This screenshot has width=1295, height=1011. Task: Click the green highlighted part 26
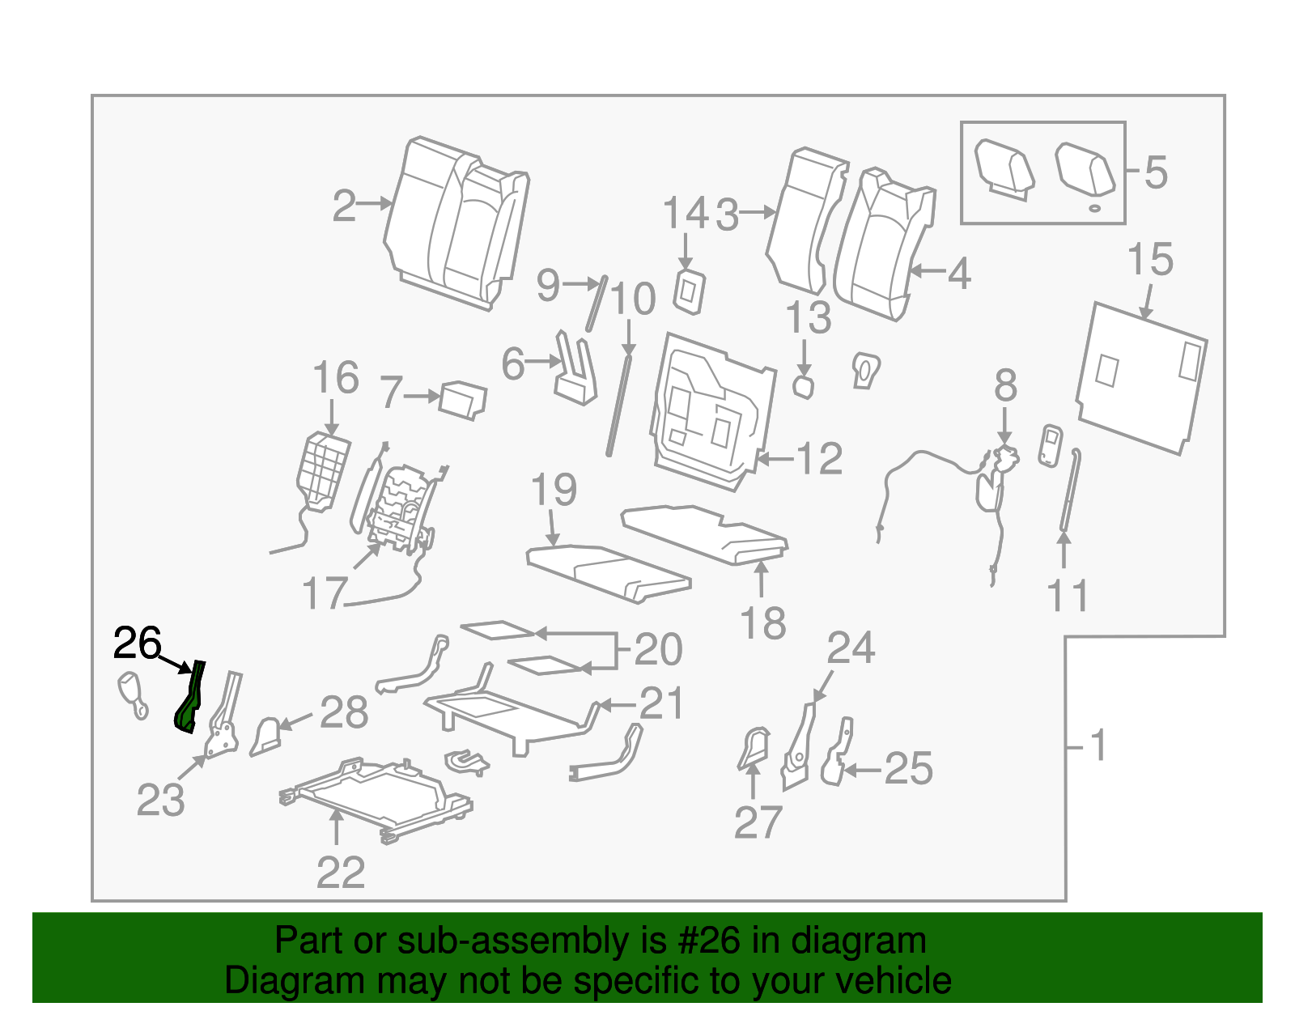189,701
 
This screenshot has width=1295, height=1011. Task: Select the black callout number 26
137,644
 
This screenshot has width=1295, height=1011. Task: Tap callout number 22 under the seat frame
341,873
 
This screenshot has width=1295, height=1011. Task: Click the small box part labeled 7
463,400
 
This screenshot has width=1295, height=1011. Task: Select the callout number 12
820,459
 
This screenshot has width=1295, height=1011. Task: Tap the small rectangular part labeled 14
690,291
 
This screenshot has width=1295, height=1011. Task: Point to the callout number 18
762,624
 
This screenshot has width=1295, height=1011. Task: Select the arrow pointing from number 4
928,272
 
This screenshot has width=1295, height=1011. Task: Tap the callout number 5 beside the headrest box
1156,172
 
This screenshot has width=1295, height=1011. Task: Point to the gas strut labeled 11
1069,494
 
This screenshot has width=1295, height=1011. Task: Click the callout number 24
851,648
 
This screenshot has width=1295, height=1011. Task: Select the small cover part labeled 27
754,748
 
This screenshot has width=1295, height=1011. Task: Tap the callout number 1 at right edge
1098,746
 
